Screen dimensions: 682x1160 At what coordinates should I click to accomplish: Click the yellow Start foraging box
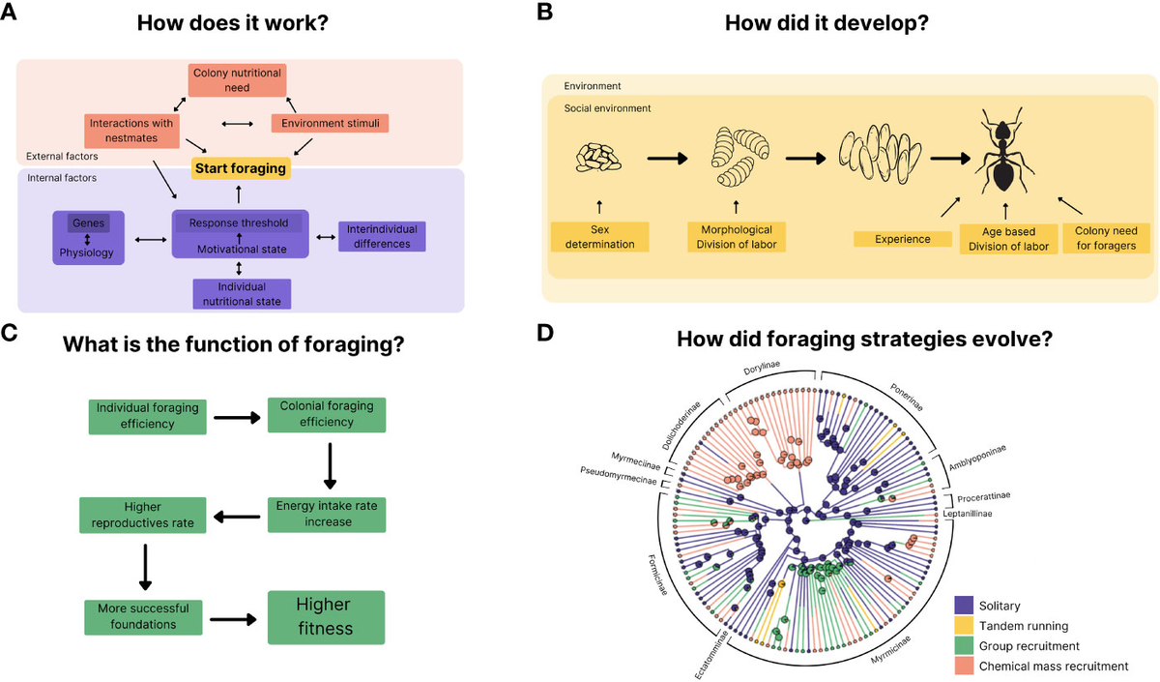tap(241, 168)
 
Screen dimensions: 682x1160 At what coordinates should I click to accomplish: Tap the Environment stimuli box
tap(330, 124)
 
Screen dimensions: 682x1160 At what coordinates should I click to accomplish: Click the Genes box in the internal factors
tap(88, 223)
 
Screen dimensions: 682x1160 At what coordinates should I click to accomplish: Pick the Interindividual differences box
tap(382, 236)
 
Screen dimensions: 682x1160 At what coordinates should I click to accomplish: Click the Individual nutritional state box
tap(240, 293)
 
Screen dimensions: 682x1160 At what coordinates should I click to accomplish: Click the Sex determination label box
tap(599, 237)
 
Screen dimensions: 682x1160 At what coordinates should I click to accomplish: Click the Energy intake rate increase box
tap(327, 514)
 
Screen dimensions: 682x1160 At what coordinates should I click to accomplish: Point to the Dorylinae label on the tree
tap(762, 366)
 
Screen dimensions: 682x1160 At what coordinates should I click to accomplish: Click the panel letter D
tap(545, 334)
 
